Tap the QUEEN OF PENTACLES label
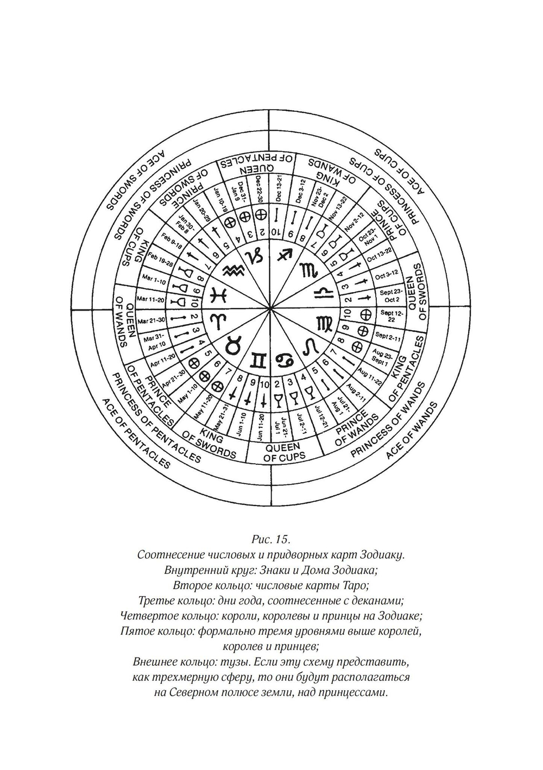(x=256, y=164)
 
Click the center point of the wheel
(x=270, y=308)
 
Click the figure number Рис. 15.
(x=271, y=540)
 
